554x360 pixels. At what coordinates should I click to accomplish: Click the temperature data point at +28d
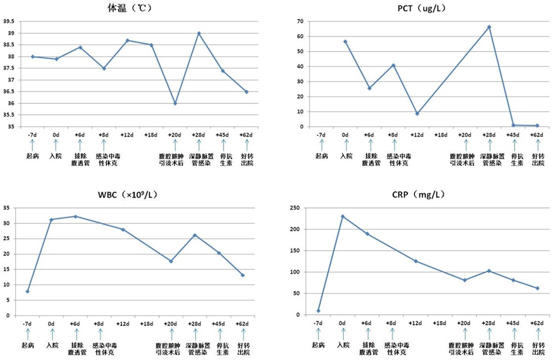199,33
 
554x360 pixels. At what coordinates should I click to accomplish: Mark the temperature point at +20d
175,103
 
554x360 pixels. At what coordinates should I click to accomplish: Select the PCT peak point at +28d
489,27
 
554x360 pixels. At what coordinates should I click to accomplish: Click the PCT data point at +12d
417,113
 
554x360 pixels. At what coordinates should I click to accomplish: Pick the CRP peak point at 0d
342,217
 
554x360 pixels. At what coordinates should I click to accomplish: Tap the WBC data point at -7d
28,291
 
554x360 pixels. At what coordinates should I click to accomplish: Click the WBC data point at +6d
75,216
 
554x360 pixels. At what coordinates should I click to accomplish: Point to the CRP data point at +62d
537,288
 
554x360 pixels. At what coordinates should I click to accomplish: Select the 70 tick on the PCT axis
300,22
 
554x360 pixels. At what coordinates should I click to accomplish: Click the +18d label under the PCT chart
441,135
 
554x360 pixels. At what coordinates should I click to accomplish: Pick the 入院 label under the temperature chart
56,156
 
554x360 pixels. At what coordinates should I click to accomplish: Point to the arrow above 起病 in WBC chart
27,334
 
